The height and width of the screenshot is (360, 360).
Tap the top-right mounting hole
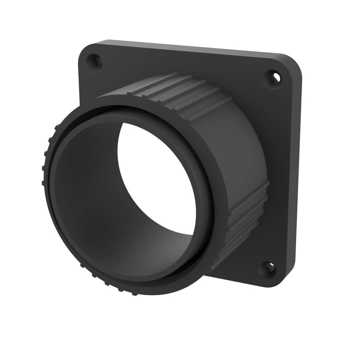coord(273,79)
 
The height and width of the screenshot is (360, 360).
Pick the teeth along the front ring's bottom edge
coord(107,283)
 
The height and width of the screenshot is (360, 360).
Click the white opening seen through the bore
coord(157,177)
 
